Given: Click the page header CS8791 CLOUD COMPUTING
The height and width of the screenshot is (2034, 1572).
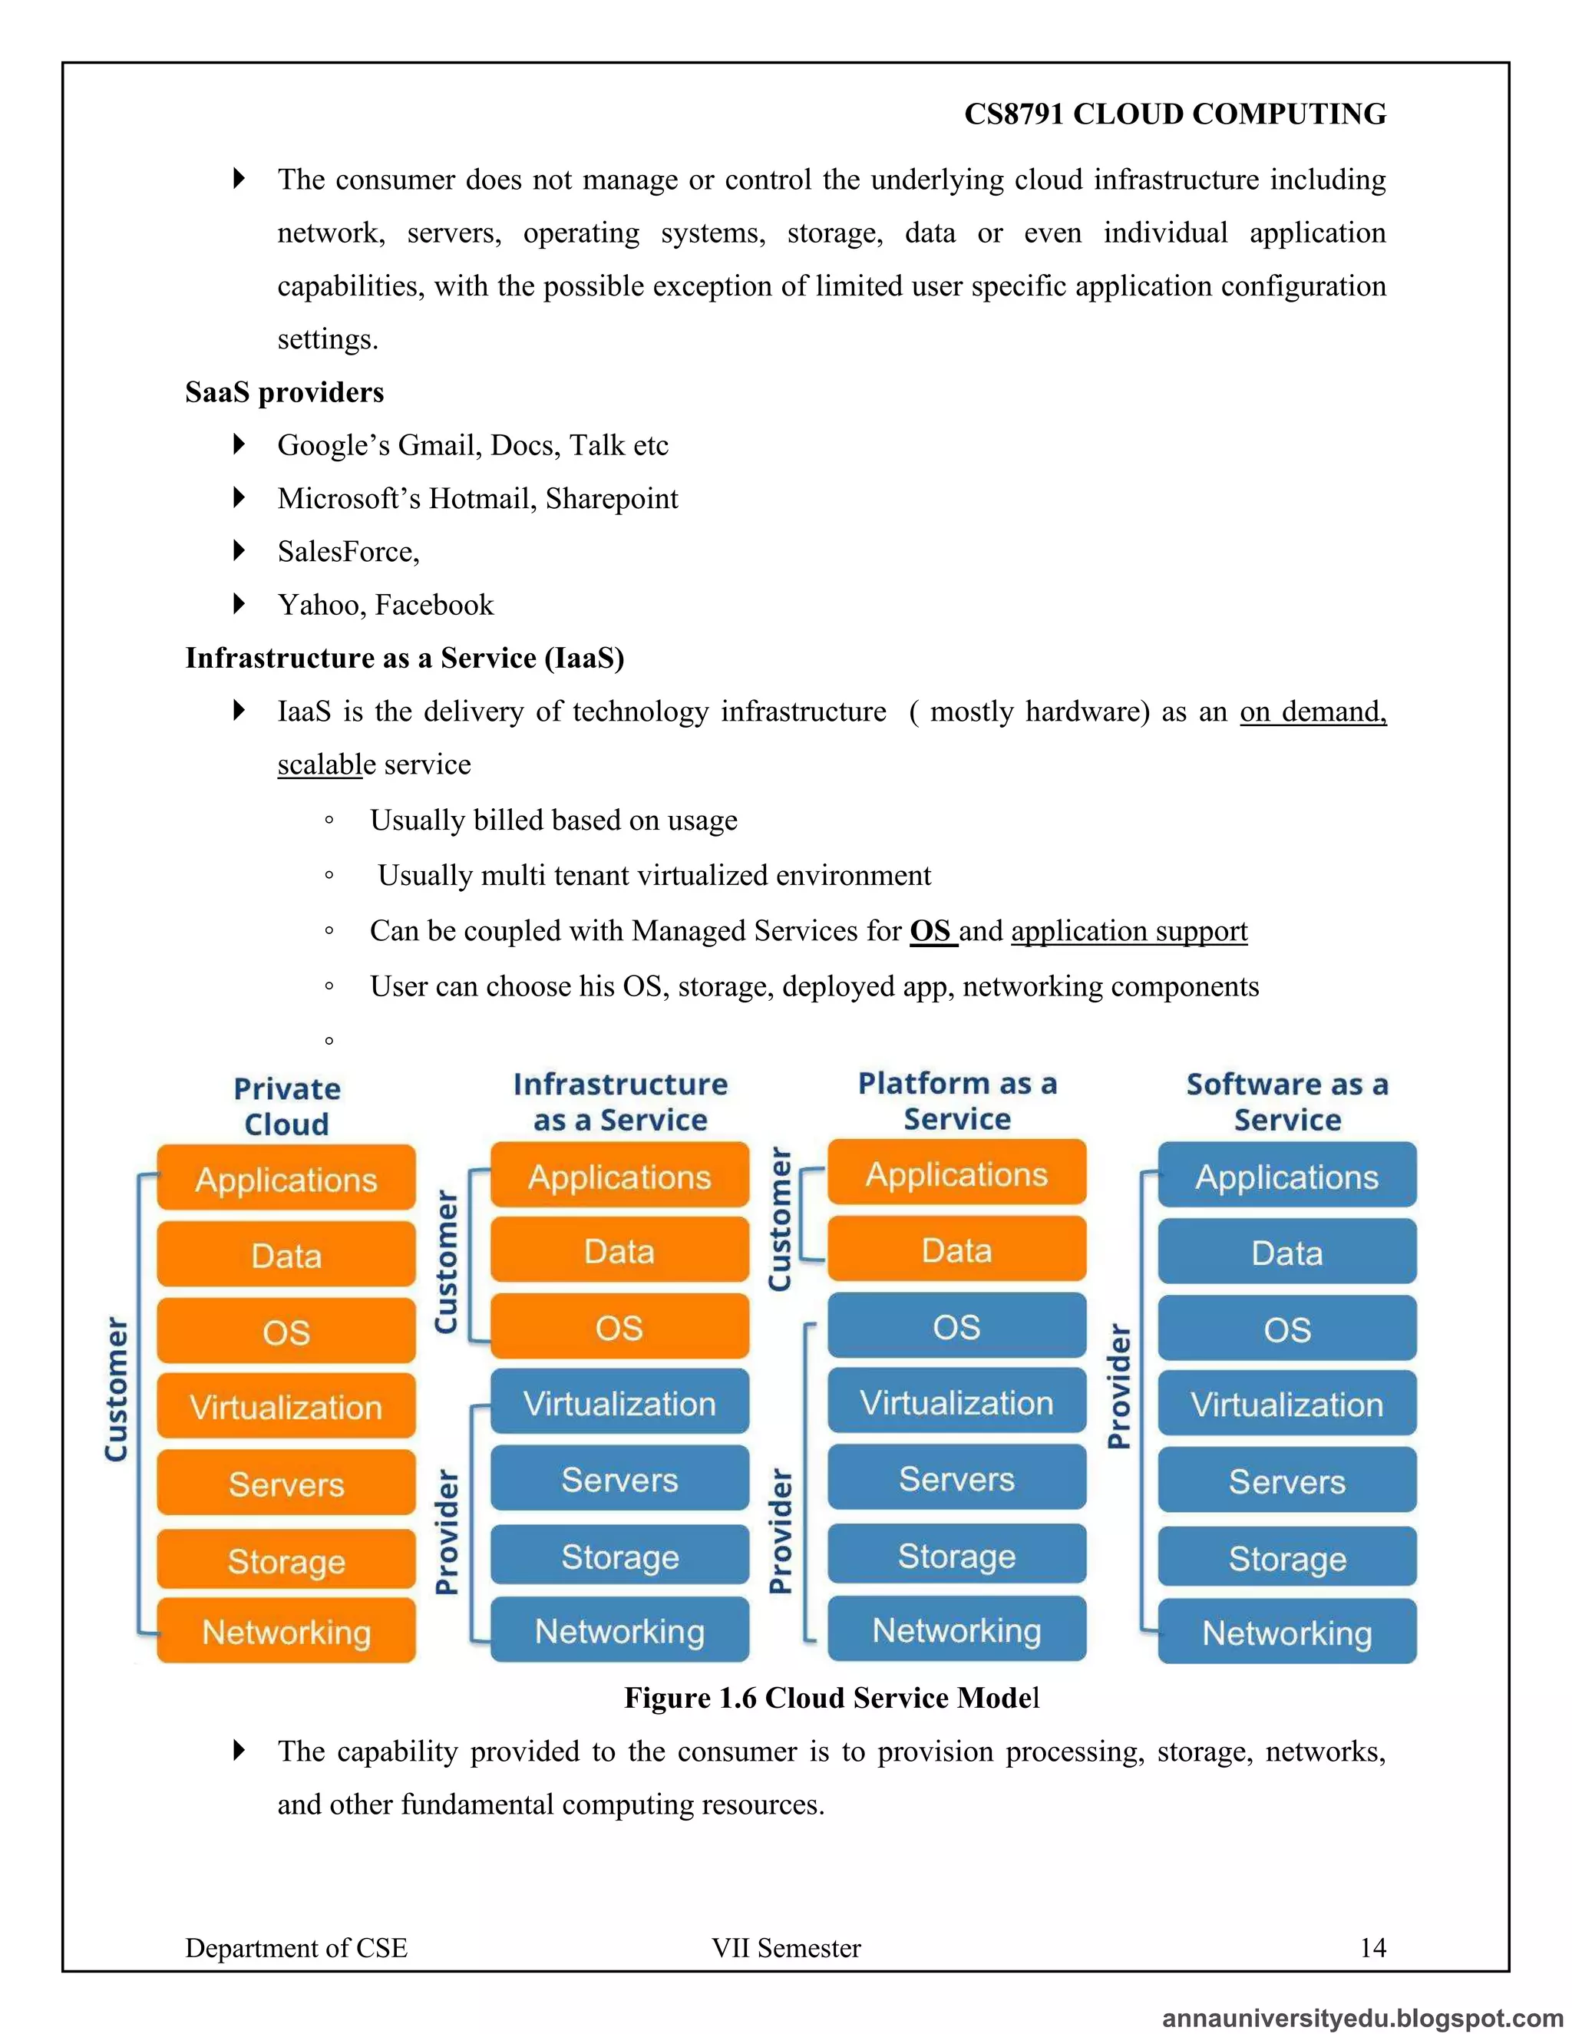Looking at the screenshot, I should coord(1174,114).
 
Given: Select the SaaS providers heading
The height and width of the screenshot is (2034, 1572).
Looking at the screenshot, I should coord(284,392).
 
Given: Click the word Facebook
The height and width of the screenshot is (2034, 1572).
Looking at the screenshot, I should coord(434,606).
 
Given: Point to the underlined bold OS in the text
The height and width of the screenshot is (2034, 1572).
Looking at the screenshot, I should coord(930,930).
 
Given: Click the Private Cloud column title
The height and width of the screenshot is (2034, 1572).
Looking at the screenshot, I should coord(287,1105).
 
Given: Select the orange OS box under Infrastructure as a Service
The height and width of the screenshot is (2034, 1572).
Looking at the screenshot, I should coord(619,1327).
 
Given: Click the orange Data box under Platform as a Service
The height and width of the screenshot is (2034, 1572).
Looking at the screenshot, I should coord(956,1250).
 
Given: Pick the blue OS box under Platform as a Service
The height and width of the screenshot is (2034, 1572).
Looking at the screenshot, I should coord(956,1326).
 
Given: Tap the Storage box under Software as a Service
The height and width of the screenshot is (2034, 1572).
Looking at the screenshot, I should coord(1287,1558).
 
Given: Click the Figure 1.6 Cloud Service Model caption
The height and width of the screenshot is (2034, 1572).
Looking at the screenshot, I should coord(831,1698).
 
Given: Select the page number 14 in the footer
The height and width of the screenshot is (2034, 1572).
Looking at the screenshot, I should coord(1372,1947).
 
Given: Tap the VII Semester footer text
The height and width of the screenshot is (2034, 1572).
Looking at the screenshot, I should coord(786,1947).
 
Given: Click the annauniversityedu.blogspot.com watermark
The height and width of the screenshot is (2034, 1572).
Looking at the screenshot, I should coord(1362,2018).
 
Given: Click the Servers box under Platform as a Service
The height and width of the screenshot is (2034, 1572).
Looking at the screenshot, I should coord(956,1479).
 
